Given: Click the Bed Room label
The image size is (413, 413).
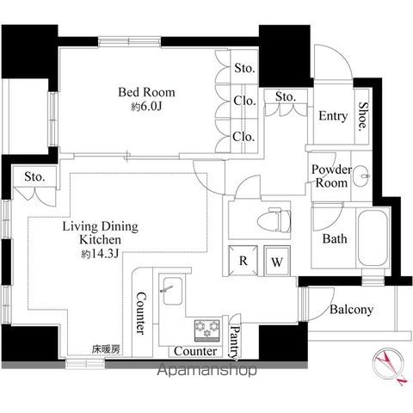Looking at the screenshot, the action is pos(146,92).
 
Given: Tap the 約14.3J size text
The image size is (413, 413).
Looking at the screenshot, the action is pos(100,254).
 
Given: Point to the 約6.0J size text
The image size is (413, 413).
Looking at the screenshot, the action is pos(146,107).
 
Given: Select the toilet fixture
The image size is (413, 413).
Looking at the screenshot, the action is pos(274,220).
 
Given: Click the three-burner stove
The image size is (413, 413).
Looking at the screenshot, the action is pos(207,330).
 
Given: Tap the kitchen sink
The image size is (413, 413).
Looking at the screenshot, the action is pos(172,291).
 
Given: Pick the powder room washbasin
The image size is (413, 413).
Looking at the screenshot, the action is pos(361,176).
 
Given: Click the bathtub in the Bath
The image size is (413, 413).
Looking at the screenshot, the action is pos(373,238).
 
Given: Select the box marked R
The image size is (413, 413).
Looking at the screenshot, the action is pos(243,261).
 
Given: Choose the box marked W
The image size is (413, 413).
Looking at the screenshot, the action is pos(277,261).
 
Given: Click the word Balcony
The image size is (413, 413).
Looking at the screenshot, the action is pos(351,309).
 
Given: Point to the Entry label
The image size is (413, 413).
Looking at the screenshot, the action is pos(333,116).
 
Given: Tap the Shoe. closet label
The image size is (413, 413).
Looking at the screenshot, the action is pos(363,117).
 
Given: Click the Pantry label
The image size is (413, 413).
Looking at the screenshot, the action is pos(235,342).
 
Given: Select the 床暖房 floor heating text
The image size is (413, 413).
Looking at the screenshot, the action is pos(106,349).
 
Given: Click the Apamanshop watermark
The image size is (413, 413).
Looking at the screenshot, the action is pos(206,370).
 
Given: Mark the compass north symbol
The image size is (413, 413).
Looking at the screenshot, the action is pos(390,366).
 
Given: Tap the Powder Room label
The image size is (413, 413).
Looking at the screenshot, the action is pos(331,176).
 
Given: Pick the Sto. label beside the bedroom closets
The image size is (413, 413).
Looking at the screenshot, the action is pos(244,68).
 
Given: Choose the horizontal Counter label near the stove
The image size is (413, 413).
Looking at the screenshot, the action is pos(195,351).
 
